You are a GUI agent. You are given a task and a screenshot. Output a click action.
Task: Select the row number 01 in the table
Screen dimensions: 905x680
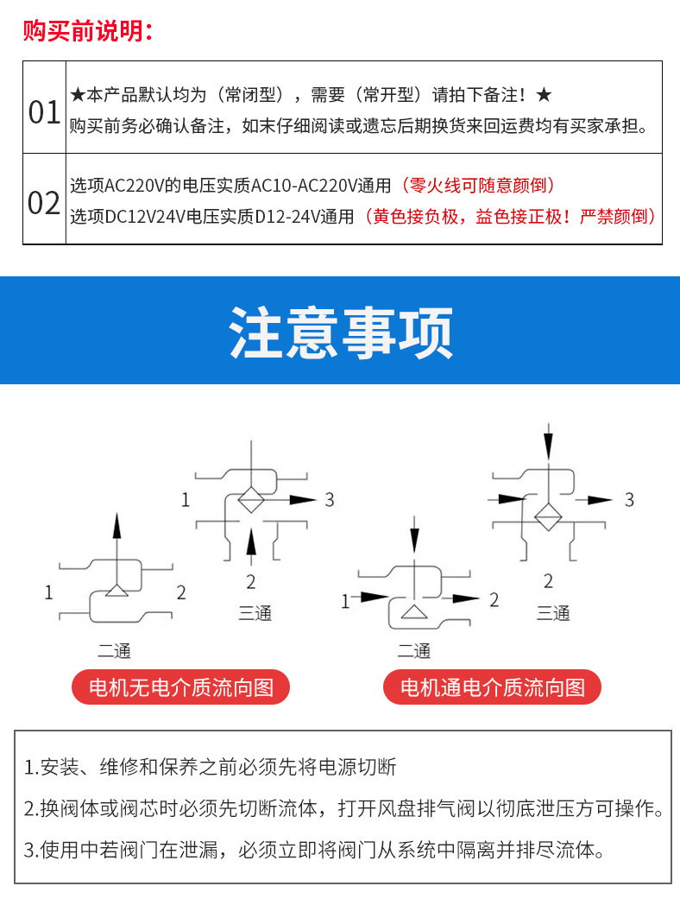pyautogui.click(x=45, y=112)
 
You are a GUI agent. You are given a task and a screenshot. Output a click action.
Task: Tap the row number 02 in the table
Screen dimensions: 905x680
pyautogui.click(x=45, y=204)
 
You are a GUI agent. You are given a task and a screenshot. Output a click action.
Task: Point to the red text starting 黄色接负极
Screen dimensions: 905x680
pyautogui.click(x=510, y=217)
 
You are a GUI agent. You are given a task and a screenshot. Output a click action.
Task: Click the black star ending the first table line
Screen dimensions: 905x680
pyautogui.click(x=544, y=94)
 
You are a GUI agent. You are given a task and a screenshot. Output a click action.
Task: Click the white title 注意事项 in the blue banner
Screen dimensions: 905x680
pyautogui.click(x=340, y=332)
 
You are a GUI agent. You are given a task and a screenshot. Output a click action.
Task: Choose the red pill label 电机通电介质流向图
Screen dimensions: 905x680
pyautogui.click(x=493, y=687)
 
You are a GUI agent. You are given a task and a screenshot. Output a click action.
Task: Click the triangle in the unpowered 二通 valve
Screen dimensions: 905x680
pyautogui.click(x=116, y=592)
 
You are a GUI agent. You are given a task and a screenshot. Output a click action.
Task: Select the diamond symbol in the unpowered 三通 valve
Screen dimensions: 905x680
pyautogui.click(x=250, y=499)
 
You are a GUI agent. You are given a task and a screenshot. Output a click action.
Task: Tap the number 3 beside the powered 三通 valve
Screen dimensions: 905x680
pyautogui.click(x=629, y=499)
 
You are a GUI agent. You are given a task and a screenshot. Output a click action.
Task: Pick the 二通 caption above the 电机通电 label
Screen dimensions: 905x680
pyautogui.click(x=414, y=650)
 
